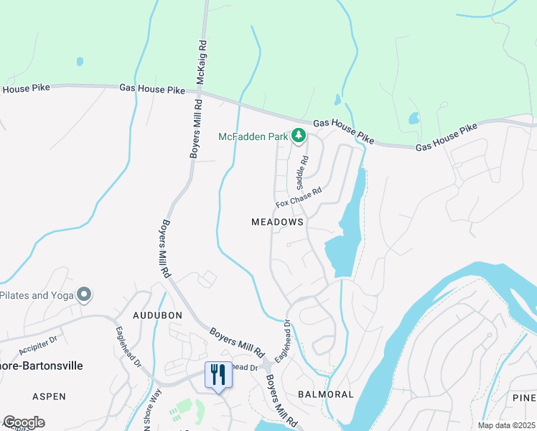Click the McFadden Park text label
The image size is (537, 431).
[253, 136]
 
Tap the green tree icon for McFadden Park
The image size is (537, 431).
[298, 135]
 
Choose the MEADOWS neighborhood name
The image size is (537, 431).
[278, 223]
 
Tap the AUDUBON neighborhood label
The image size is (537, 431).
[158, 315]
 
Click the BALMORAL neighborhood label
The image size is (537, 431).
[326, 394]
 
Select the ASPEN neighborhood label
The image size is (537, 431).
[49, 397]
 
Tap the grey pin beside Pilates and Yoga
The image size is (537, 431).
[85, 295]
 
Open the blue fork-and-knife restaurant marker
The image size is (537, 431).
[218, 376]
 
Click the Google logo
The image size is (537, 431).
[24, 422]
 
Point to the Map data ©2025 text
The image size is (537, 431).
[505, 425]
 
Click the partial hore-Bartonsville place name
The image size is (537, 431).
[42, 366]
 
